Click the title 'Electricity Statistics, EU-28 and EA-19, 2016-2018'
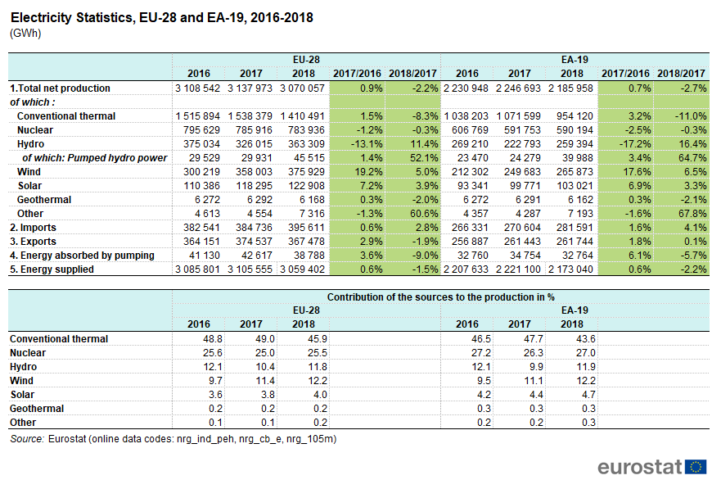pyautogui.click(x=161, y=17)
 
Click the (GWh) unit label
pyautogui.click(x=25, y=34)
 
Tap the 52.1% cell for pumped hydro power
pyautogui.click(x=415, y=158)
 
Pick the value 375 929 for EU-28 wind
pyautogui.click(x=302, y=172)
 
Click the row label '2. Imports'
pyautogui.click(x=34, y=228)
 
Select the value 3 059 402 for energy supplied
pyautogui.click(x=302, y=269)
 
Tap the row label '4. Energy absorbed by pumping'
pyautogui.click(x=82, y=256)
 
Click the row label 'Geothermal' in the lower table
pyautogui.click(x=37, y=408)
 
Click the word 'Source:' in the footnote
pyautogui.click(x=27, y=439)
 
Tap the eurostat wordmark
pyautogui.click(x=639, y=467)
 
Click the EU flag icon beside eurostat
pyautogui.click(x=696, y=467)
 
